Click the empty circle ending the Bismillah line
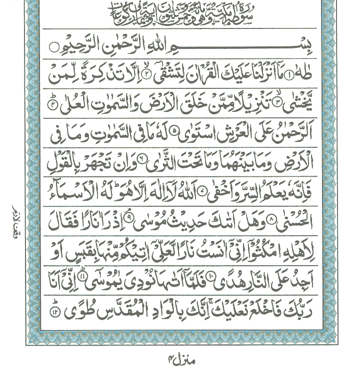coord(53,47)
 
